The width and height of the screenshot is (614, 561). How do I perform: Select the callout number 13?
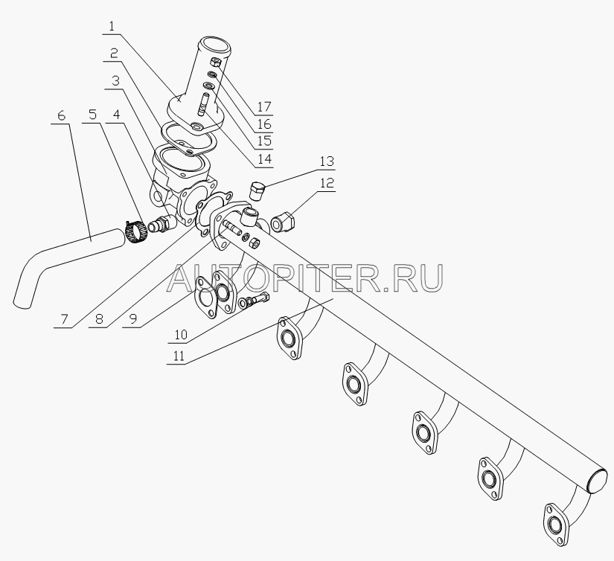click(327, 161)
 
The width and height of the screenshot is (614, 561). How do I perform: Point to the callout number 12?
click(327, 182)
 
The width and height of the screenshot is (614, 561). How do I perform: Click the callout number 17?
click(264, 106)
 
